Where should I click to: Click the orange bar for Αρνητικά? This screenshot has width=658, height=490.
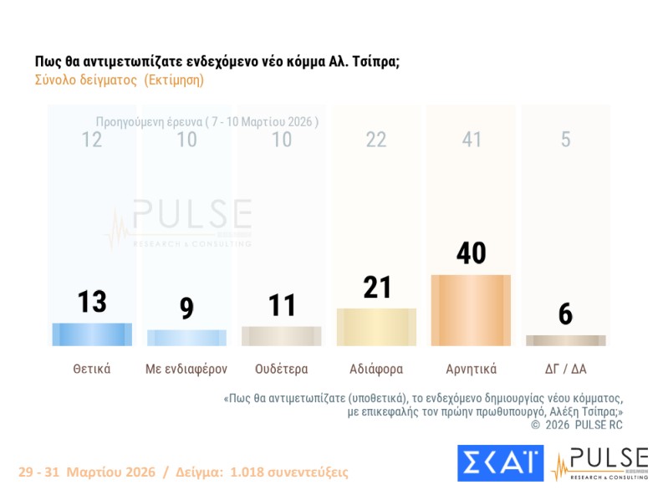coord(470,310)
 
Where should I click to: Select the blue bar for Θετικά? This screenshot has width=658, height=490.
coord(92,334)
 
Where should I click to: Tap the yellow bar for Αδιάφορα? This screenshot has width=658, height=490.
coord(375,327)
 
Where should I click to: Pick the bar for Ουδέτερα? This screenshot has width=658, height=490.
coord(281,336)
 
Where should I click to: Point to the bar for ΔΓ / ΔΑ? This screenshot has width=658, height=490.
coord(565,340)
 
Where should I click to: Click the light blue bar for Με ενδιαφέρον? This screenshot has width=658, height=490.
coord(186,337)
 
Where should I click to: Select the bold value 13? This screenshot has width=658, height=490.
coord(92,301)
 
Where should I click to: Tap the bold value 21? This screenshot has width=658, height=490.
coord(376,288)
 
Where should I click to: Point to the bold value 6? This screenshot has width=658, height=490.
coord(566,314)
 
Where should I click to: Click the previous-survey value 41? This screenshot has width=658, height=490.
coord(472,140)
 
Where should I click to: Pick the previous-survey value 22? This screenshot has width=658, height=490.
coord(376,140)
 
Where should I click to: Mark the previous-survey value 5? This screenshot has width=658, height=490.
coord(566,140)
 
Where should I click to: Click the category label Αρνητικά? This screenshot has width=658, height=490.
coord(471,369)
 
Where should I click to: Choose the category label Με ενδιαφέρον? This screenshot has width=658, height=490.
coord(186,369)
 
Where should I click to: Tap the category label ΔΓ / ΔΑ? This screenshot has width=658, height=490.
coord(565,369)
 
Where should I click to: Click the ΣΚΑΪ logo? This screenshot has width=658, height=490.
coord(500,463)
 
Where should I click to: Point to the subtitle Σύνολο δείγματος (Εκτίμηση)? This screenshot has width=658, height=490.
coord(119,81)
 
